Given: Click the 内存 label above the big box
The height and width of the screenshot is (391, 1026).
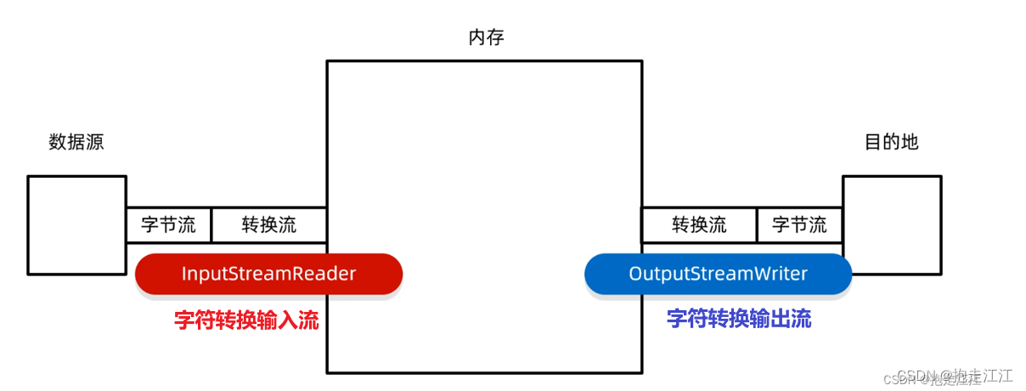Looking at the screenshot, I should (486, 38).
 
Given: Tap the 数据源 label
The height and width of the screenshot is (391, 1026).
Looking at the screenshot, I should (76, 142).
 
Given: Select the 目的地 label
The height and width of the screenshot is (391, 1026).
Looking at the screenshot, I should (891, 142).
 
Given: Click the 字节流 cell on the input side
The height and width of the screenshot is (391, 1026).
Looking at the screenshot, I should (168, 225).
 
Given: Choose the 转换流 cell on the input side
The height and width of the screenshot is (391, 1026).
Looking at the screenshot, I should (268, 225).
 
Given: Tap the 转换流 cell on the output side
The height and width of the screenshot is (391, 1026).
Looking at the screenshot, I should (699, 225).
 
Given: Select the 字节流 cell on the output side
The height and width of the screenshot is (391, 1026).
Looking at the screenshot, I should (798, 225).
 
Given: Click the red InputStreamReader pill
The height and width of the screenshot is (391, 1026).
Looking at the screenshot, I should (268, 274).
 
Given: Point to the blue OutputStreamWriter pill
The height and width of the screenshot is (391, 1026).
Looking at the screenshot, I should (718, 274).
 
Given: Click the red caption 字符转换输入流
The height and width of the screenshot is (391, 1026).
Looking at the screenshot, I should (246, 320).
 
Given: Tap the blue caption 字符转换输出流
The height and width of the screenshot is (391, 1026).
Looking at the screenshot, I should (739, 320).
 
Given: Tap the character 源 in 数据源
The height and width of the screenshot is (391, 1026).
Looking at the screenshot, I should (95, 142).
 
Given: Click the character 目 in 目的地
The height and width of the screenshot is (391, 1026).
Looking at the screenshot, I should (873, 142).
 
